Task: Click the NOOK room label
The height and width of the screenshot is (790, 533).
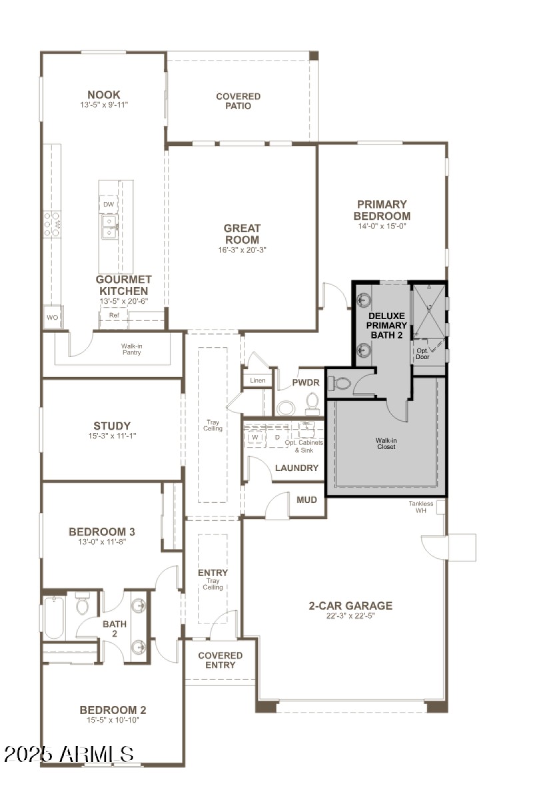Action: (104, 95)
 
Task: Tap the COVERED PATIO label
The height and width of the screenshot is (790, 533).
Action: (238, 101)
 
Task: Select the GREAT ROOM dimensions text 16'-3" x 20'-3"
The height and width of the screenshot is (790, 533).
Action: (242, 250)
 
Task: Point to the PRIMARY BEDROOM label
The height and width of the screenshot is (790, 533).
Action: (382, 210)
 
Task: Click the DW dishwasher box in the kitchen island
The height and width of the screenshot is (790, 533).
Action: (108, 204)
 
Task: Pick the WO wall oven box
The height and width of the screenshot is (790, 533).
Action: (52, 318)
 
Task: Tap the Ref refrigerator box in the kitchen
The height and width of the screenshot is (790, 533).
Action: (114, 315)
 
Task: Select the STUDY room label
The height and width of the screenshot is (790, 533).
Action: (112, 426)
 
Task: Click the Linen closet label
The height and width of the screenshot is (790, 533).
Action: (257, 381)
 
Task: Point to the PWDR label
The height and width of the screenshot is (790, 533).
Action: (306, 383)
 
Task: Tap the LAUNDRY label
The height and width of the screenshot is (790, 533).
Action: (296, 468)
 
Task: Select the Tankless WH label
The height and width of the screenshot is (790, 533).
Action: (421, 507)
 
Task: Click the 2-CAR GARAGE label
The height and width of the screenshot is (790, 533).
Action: (350, 605)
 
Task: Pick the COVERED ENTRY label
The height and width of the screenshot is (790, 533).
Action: (220, 660)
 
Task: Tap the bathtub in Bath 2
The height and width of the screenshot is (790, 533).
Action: (54, 617)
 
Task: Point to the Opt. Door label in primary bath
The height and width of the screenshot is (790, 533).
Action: (422, 352)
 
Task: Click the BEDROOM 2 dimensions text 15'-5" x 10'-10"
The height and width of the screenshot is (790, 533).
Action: (113, 720)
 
